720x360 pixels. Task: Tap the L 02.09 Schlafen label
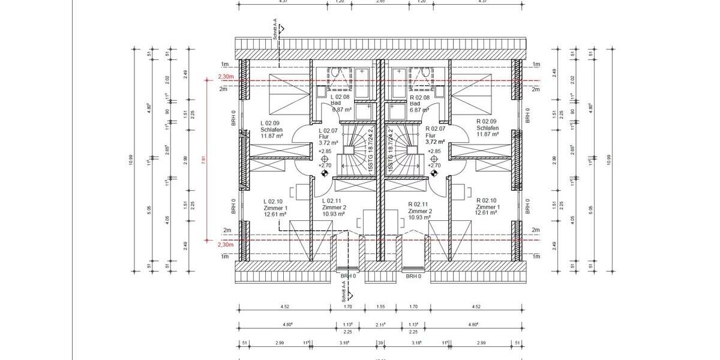point(272,128)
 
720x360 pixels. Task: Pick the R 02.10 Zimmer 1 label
point(487,207)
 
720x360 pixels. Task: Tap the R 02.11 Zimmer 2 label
point(421,211)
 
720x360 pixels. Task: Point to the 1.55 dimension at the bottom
point(380,307)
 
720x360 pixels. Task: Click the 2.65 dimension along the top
point(380,2)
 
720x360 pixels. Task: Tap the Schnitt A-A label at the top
point(274,30)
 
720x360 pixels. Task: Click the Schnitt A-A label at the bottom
point(343,292)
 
